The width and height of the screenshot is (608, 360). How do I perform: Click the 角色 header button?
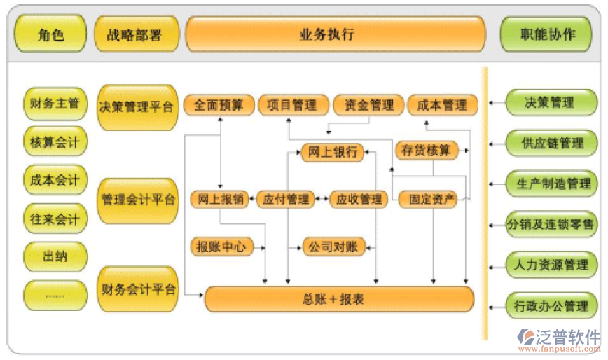[x=51, y=34]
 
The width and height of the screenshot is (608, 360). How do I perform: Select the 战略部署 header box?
[x=136, y=34]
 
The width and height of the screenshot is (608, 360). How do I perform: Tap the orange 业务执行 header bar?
[x=335, y=34]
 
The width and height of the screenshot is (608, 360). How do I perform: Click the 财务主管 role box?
[x=55, y=104]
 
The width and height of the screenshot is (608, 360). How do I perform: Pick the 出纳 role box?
[x=55, y=256]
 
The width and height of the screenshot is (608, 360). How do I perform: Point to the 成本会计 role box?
[x=55, y=180]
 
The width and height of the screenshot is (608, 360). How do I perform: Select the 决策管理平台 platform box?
[x=137, y=107]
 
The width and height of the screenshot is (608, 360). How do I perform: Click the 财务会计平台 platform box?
[x=137, y=288]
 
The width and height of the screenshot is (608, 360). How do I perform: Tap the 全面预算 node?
[x=219, y=105]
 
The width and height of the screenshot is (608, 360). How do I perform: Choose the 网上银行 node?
[x=333, y=152]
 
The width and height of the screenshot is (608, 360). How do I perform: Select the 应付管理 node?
[x=286, y=200]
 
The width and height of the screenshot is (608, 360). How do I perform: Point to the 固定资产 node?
[x=431, y=200]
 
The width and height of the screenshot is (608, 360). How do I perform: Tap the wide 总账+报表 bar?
[x=339, y=299]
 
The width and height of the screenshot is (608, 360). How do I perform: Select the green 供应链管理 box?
[x=552, y=143]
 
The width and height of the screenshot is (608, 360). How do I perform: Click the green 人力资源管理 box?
[x=552, y=265]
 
